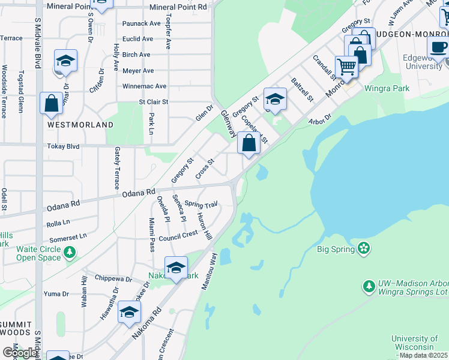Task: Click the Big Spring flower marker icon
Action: tap(363, 248)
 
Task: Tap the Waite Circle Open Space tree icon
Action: tap(71, 253)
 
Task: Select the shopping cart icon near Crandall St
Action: tap(346, 66)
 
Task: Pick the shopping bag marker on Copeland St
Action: tap(249, 143)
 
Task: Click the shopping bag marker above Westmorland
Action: tap(52, 103)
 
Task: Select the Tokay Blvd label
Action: tap(64, 146)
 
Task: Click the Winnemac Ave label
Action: tap(144, 86)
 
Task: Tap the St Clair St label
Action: tap(154, 102)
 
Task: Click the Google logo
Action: tap(19, 352)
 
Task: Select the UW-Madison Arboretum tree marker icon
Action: tap(369, 286)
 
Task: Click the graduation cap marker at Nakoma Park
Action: tap(176, 268)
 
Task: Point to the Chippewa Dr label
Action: tap(113, 279)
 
